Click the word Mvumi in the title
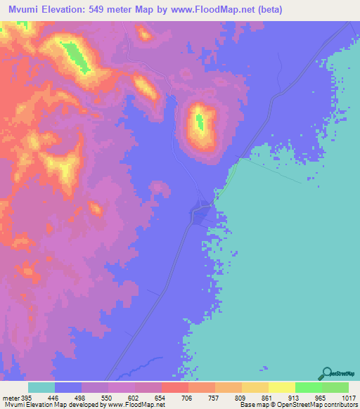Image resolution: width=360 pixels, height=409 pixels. tap(29, 10)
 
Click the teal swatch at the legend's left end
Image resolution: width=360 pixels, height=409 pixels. tap(41, 387)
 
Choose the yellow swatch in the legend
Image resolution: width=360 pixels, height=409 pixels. tap(281, 387)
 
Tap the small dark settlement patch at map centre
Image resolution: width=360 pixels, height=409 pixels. tap(201, 209)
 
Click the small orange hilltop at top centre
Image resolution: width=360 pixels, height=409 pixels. tap(143, 33)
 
